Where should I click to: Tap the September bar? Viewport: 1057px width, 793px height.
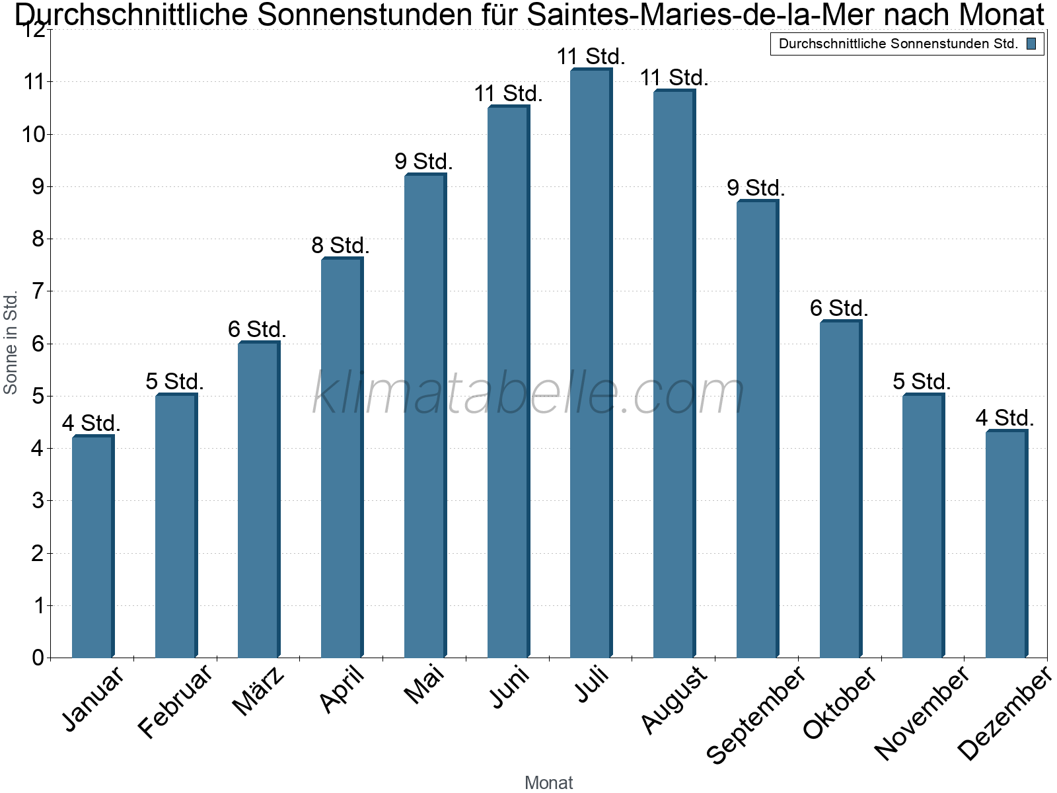[757, 430]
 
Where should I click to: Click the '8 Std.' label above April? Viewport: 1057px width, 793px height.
[340, 246]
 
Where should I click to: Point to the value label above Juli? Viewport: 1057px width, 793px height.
[591, 57]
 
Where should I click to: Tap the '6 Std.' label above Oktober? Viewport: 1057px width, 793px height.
[839, 309]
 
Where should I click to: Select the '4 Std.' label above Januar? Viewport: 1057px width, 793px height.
[91, 424]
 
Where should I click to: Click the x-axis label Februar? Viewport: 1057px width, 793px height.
[176, 700]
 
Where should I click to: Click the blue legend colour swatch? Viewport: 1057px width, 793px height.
[1031, 44]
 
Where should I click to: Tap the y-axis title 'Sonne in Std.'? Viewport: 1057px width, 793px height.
[11, 343]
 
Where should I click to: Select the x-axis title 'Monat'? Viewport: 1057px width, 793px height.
[548, 783]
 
